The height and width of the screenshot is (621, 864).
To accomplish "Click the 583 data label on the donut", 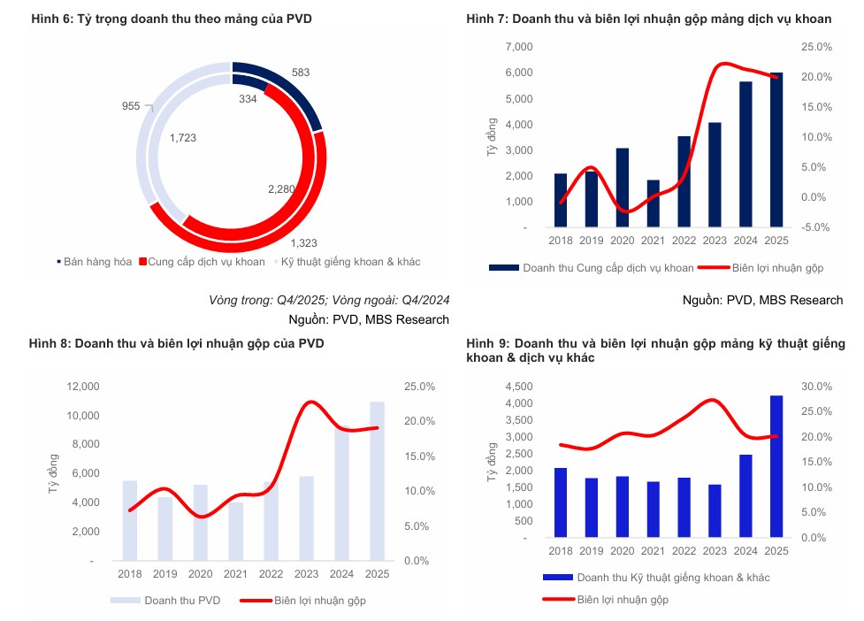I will [x=300, y=72].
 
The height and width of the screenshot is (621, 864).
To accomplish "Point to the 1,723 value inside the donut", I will [x=183, y=138].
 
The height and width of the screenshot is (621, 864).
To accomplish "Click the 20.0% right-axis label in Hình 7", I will [x=814, y=77].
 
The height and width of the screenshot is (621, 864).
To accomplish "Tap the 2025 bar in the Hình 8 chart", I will [x=377, y=481].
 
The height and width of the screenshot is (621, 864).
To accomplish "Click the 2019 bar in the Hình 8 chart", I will [x=165, y=529].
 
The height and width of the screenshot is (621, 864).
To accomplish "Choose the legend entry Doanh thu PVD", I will [x=176, y=601].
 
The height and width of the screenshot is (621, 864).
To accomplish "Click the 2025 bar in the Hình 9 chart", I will [x=775, y=466].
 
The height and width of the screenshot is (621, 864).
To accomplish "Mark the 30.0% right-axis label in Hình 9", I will [x=814, y=387].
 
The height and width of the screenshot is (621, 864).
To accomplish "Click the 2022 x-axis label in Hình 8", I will [x=271, y=575].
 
